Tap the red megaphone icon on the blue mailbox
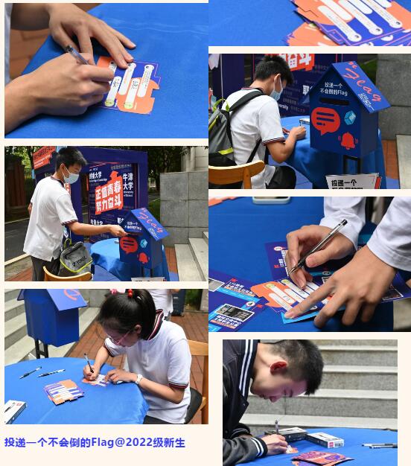[x=325, y=119]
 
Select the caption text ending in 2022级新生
[x=95, y=443]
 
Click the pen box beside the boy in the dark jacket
[x=325, y=440]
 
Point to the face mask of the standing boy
[x=71, y=177]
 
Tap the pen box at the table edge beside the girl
[x=14, y=410]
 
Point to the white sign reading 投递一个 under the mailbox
[x=352, y=182]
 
